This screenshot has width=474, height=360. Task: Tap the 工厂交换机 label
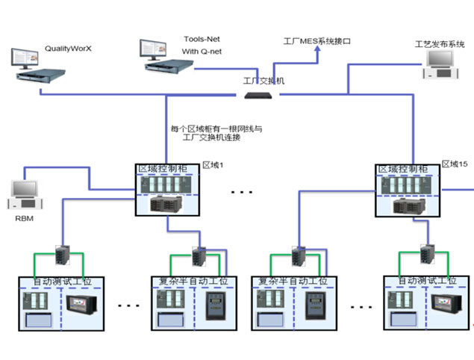tap(263, 80)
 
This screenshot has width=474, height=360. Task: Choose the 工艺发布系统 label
tap(440, 44)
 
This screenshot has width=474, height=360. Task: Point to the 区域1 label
tap(213, 164)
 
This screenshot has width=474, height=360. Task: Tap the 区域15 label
tap(454, 163)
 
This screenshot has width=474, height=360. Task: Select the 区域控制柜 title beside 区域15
tap(403, 170)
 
